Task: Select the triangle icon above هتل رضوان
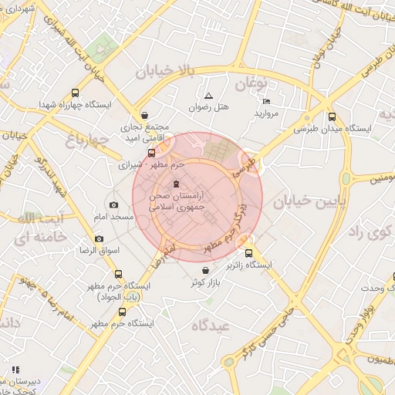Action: (208, 96)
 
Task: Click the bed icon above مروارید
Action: (266, 102)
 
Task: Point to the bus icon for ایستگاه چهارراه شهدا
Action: (73, 92)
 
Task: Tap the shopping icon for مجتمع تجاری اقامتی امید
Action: (145, 115)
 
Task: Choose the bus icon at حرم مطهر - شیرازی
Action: (151, 152)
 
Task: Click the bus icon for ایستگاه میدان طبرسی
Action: (332, 116)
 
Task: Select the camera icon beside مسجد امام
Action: (113, 204)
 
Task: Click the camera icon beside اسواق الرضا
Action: (99, 238)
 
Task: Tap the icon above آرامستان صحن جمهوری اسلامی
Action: (177, 184)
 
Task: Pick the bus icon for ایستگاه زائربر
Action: (248, 252)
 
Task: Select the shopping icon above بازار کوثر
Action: (204, 270)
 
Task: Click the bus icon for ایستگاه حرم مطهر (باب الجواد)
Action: (118, 274)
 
